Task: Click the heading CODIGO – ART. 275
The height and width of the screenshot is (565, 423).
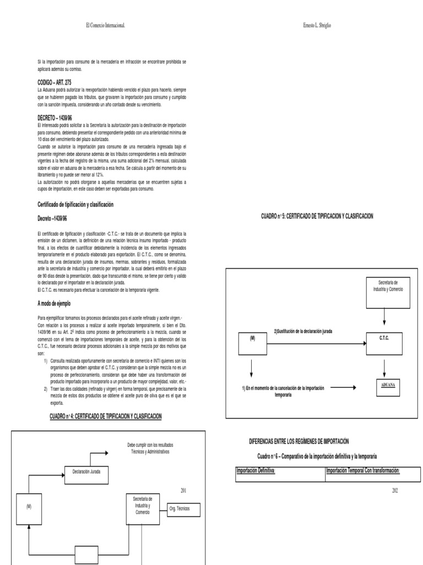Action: click(x=53, y=82)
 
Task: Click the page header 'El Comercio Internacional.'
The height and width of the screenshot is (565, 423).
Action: click(x=109, y=25)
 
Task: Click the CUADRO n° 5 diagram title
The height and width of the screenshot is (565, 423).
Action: click(x=317, y=216)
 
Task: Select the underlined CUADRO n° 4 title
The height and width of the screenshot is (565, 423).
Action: click(x=106, y=415)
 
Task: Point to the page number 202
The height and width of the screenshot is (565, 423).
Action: click(x=395, y=491)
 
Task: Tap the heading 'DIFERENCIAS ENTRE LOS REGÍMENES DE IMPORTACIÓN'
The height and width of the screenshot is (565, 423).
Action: click(x=300, y=441)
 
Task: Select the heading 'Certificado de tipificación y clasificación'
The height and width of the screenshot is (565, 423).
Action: click(x=75, y=204)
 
